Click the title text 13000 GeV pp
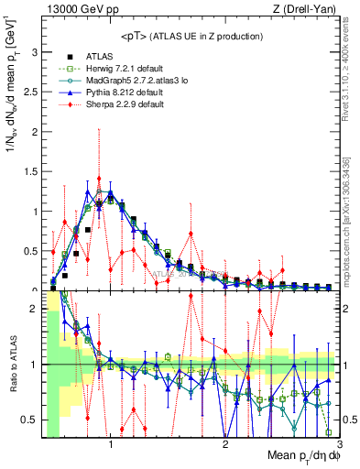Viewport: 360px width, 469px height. pyautogui.click(x=75, y=9)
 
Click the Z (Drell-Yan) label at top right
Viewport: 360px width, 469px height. pyautogui.click(x=311, y=9)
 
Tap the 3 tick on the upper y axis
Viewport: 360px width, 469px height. pyautogui.click(x=34, y=52)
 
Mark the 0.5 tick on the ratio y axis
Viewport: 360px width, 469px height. pyautogui.click(x=30, y=420)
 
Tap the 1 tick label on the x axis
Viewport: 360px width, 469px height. pyautogui.click(x=111, y=446)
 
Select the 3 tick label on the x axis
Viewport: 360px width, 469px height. pyautogui.click(x=339, y=446)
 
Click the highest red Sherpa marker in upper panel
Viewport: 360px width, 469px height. pyautogui.click(x=99, y=179)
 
